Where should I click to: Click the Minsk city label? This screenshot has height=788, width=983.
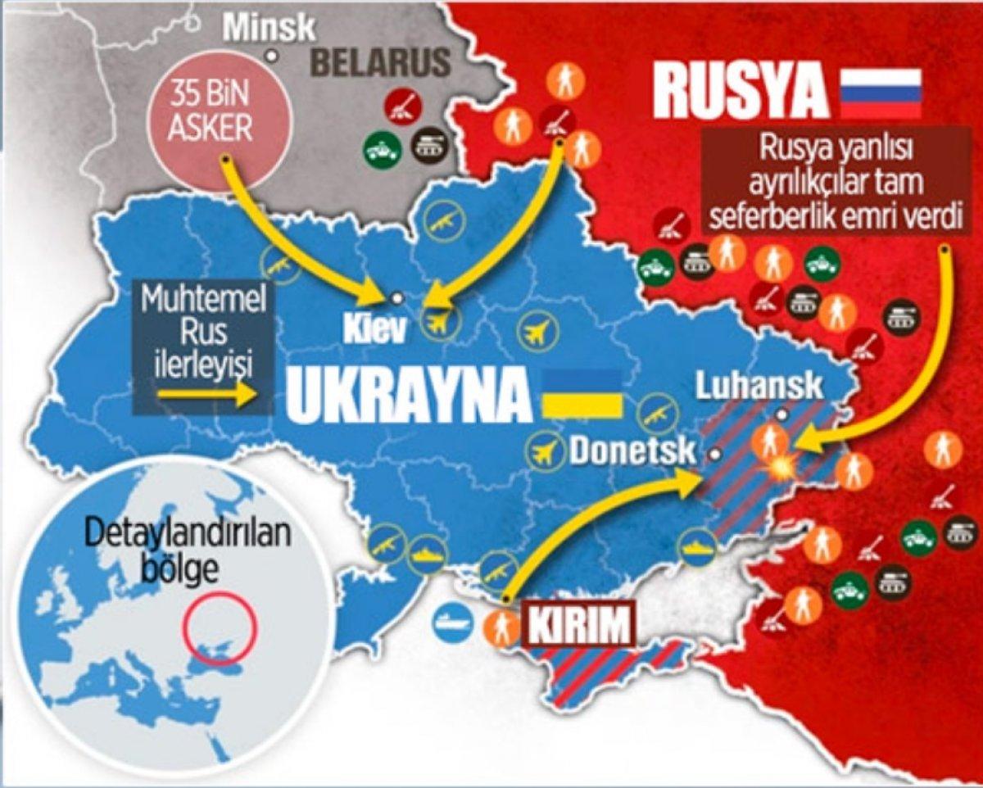[269, 26]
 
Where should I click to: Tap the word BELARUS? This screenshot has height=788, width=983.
[382, 62]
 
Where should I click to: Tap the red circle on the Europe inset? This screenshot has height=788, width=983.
[220, 627]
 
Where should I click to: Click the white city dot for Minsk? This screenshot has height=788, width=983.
[272, 56]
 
